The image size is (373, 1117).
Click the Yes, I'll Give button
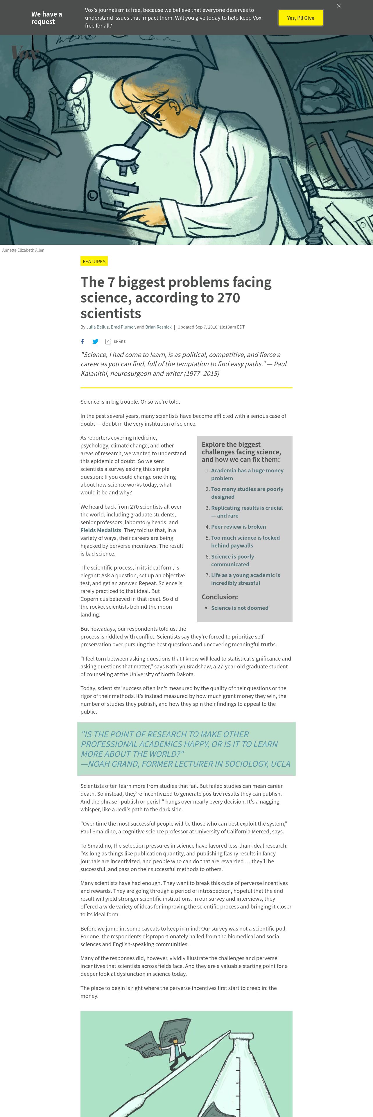pos(300,18)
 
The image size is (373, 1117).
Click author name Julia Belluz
pos(97,327)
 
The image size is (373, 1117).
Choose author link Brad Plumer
pos(123,327)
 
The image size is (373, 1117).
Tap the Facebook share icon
pos(83,341)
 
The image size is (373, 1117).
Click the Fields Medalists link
pos(101,530)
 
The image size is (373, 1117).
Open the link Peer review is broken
pos(238,526)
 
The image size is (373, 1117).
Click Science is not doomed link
pos(240,608)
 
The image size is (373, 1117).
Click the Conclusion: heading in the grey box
pos(220,597)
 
